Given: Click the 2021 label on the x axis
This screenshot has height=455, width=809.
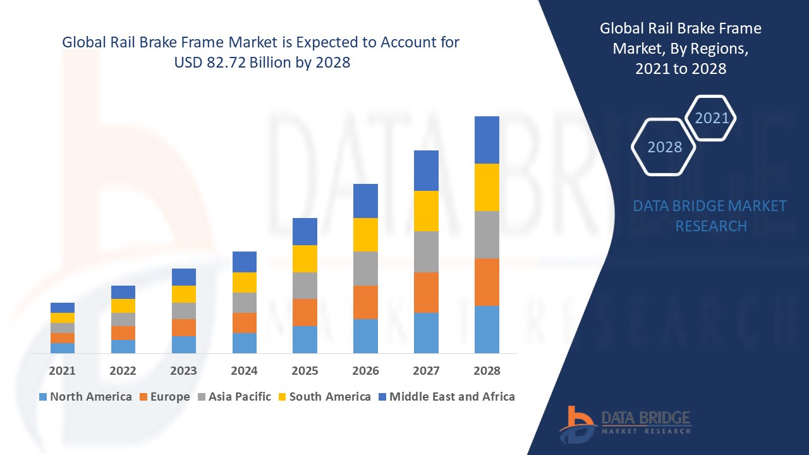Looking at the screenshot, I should coord(62,370).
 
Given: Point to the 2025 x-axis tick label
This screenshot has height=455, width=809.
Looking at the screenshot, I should coord(305,370).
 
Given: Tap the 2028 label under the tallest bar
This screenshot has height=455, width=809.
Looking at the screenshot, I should coord(487,370).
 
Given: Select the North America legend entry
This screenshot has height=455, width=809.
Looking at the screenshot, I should coord(85,397).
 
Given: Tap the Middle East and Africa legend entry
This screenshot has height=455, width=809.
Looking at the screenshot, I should coord(446,397).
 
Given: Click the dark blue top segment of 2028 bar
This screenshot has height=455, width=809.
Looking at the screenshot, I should coord(487,140).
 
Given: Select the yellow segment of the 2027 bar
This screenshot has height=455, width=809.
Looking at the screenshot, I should coord(426,210).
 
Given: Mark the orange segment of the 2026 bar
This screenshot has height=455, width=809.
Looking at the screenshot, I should coord(365,302).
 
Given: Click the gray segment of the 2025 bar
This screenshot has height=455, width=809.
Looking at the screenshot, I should coord(305,285).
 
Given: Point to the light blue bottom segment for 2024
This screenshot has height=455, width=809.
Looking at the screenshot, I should coord(244,343).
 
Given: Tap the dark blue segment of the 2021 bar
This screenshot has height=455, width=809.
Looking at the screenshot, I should coord(62,307).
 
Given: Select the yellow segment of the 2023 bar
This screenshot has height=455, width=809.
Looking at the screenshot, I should coord(183,294).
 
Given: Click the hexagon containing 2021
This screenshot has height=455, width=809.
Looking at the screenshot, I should coord(711,118).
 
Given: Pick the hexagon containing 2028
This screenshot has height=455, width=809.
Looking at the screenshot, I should coord(664,147).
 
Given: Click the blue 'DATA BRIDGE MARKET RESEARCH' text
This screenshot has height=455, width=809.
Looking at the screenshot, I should coord(710,215).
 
